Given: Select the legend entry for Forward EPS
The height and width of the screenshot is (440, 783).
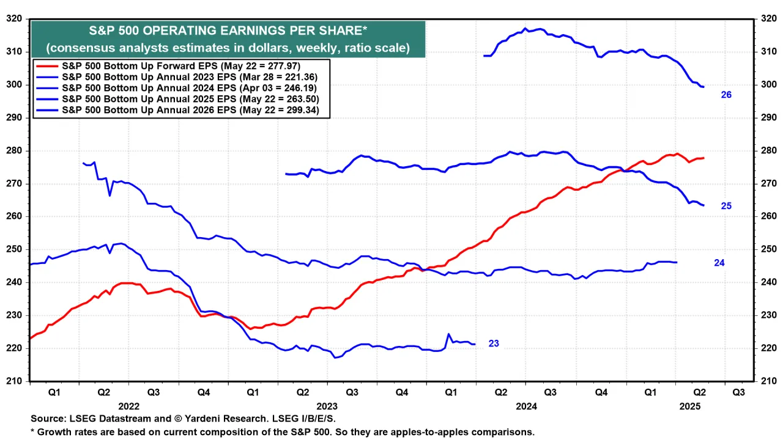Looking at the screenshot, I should [x=180, y=65].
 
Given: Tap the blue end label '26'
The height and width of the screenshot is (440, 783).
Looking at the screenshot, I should [x=726, y=95].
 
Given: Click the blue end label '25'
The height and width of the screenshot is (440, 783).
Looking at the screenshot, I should [x=726, y=206].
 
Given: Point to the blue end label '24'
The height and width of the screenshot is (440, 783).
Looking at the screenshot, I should [x=719, y=262].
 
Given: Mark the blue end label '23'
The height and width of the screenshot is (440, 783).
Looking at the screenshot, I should [x=494, y=343].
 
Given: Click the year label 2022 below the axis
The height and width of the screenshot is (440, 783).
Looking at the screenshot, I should [x=130, y=406].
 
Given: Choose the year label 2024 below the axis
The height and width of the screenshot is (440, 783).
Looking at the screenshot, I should [x=526, y=406].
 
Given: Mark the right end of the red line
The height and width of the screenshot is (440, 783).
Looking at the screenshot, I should [x=703, y=158].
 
